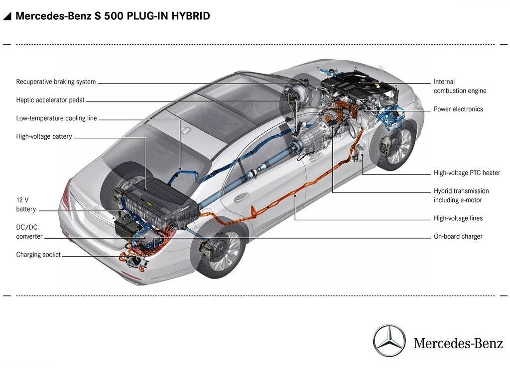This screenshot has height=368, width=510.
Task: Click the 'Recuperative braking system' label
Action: pyautogui.click(x=56, y=82)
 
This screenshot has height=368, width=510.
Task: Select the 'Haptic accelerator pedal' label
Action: pyautogui.click(x=50, y=100)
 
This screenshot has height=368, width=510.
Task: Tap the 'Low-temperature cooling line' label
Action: pyautogui.click(x=57, y=118)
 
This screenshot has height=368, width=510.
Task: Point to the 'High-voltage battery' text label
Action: pyautogui.click(x=44, y=136)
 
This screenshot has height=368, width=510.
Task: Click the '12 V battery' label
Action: pyautogui.click(x=26, y=204)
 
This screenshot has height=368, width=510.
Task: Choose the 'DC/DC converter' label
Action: pyautogui.click(x=29, y=232)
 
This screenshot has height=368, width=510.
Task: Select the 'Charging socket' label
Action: pyautogui.click(x=38, y=255)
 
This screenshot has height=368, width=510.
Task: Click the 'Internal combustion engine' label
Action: pyautogui.click(x=460, y=87)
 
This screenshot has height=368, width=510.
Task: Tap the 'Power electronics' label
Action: pyautogui.click(x=458, y=109)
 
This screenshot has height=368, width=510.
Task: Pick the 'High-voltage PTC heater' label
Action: pyautogui.click(x=467, y=173)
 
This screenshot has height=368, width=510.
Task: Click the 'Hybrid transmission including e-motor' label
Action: pyautogui.click(x=461, y=195)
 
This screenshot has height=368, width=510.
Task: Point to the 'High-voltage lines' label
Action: pyautogui.click(x=458, y=218)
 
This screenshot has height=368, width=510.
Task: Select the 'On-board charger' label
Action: pyautogui.click(x=458, y=236)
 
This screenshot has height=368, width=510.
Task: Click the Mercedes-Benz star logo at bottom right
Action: pyautogui.click(x=389, y=341)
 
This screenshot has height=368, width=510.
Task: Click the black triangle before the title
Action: pyautogui.click(x=7, y=16)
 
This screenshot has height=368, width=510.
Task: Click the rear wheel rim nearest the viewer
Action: pyautogui.click(x=219, y=250)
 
